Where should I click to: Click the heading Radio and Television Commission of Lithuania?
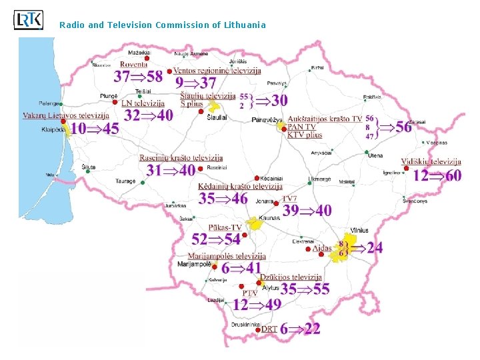[x=162, y=25]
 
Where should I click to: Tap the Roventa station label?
[x=134, y=65]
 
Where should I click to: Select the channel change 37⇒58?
[x=138, y=77]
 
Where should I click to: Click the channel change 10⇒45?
[x=95, y=129]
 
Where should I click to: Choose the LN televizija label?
[x=143, y=103]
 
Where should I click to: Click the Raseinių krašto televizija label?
[x=181, y=158]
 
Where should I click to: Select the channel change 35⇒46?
[x=223, y=198]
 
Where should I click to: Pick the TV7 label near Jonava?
[x=289, y=199]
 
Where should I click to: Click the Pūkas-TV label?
[x=225, y=227]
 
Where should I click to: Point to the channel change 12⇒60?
[x=437, y=175]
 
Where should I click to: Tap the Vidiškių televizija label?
[x=431, y=162]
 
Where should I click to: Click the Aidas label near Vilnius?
[x=322, y=248]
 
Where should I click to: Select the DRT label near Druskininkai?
[x=269, y=329]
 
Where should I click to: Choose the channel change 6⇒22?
[x=300, y=329]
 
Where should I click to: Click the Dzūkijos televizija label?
[x=291, y=277]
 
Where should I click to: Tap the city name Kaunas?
[x=270, y=218]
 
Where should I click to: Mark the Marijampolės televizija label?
[x=227, y=256]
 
